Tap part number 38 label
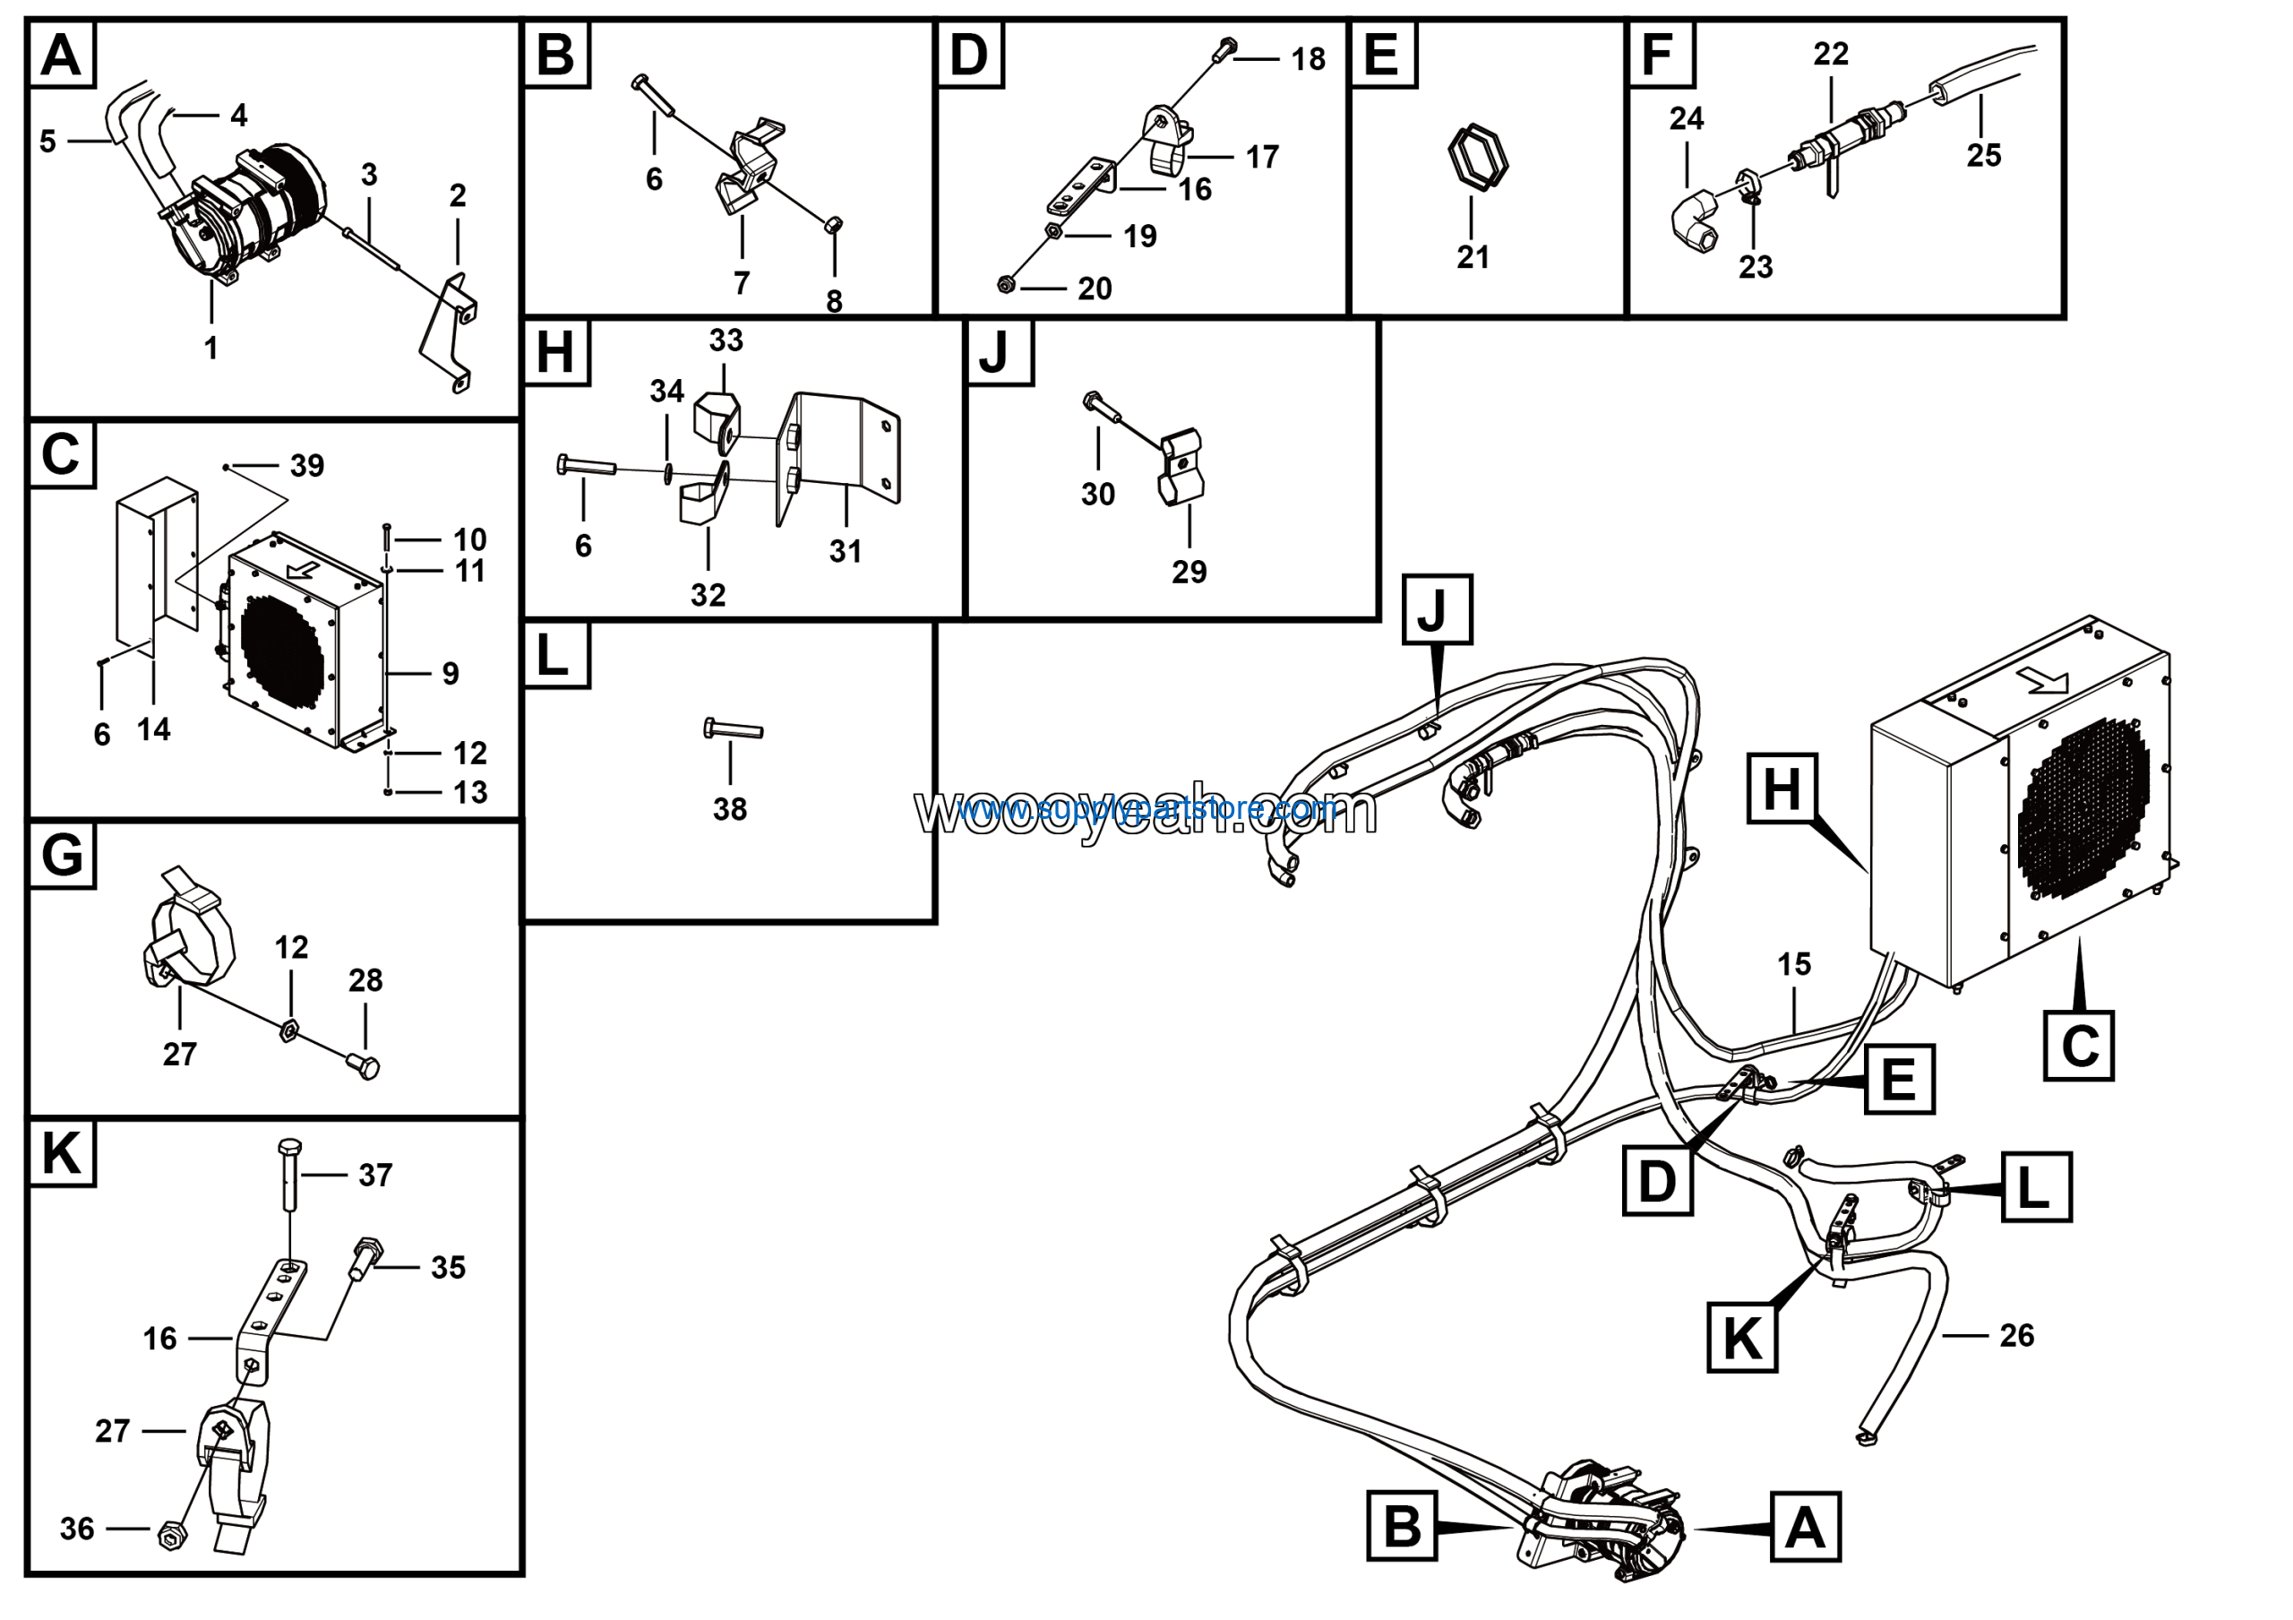point(730,809)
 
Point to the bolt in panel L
point(734,729)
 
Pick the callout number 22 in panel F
point(1831,54)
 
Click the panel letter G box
point(62,855)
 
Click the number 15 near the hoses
point(1794,964)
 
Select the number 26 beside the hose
point(2016,1335)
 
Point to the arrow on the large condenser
point(2041,680)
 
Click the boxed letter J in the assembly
point(1436,609)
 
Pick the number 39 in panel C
point(307,465)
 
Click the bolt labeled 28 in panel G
point(365,1065)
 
